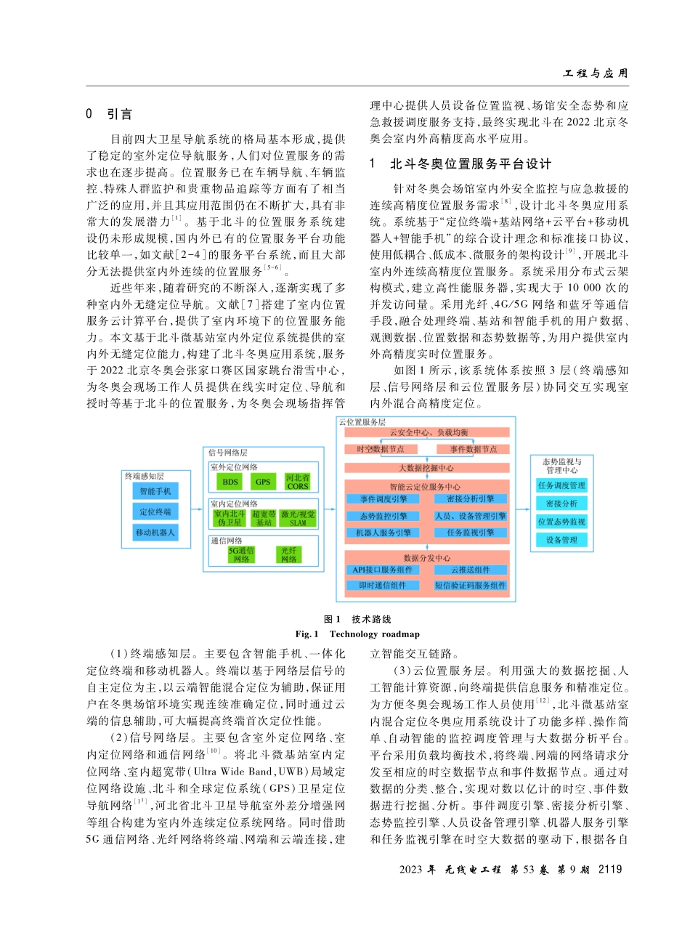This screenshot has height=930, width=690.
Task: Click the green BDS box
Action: (x=230, y=482)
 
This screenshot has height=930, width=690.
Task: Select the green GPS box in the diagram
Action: (x=262, y=482)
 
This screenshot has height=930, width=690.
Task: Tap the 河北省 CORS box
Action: (x=298, y=482)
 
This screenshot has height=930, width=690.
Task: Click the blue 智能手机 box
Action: (x=155, y=491)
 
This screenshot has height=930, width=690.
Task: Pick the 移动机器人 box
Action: (x=155, y=533)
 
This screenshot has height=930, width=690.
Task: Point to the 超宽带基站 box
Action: (x=263, y=517)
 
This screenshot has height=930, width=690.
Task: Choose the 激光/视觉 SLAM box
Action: (x=298, y=517)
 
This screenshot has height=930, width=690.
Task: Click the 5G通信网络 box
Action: (x=242, y=555)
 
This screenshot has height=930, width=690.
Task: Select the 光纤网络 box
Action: (x=291, y=555)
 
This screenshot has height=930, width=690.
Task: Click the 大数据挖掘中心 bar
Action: (x=427, y=468)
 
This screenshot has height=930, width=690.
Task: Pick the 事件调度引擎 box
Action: (x=382, y=498)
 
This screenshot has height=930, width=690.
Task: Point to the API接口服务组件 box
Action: (x=382, y=570)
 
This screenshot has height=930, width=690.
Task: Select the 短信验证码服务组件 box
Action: (x=471, y=585)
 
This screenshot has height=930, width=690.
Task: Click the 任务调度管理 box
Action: (x=561, y=485)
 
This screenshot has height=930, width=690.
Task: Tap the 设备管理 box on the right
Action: (x=561, y=540)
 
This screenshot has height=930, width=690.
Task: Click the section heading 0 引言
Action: (x=109, y=114)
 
